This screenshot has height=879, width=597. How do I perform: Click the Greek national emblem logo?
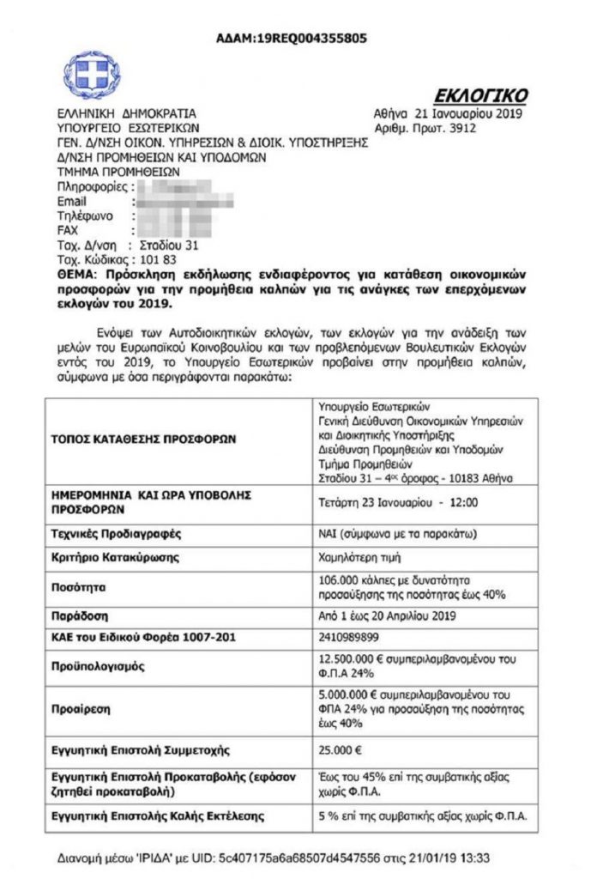tap(93, 76)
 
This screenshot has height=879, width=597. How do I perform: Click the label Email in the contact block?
tap(71, 202)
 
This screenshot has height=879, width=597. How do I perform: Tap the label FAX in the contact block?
tap(68, 230)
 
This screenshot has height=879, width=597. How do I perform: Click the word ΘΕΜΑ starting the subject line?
tap(75, 274)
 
